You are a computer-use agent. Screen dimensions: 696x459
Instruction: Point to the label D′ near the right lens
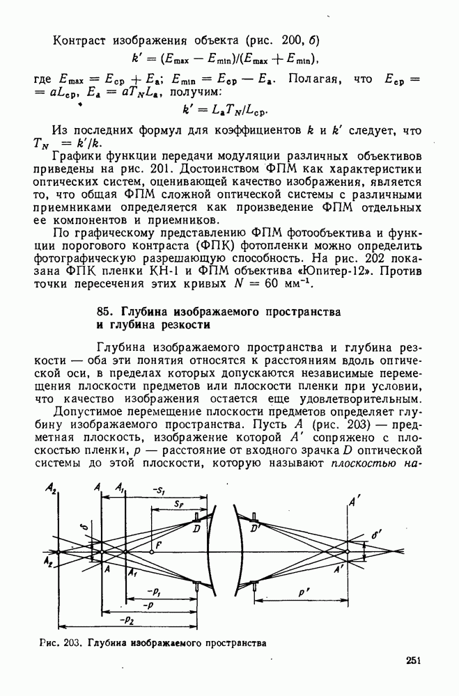(x=256, y=531)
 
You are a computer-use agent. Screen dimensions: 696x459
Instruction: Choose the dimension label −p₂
(x=127, y=617)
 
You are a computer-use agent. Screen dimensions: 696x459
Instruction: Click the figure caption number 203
(x=71, y=644)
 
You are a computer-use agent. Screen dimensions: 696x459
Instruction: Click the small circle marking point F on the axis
(x=151, y=553)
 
